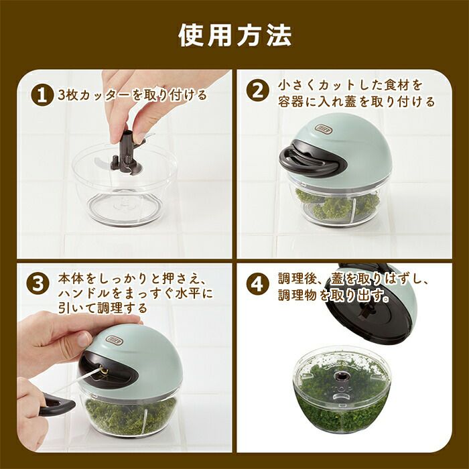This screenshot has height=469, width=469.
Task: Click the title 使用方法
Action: [x=234, y=36]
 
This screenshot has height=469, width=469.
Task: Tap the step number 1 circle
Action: [x=42, y=95]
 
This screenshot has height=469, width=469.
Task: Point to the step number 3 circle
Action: [x=38, y=284]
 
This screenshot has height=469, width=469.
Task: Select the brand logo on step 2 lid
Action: [x=324, y=129]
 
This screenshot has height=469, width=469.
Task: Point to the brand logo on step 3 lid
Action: [x=114, y=340]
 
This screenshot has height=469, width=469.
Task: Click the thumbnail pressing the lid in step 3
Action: [x=84, y=339]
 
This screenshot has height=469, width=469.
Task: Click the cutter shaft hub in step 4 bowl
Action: [x=342, y=376]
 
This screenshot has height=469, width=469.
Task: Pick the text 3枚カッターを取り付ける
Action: [x=133, y=95]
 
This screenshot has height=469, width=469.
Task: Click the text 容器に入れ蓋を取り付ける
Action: [x=356, y=102]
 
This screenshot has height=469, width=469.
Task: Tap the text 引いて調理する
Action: [x=103, y=308]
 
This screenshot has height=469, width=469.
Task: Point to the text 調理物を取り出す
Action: [x=333, y=295]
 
